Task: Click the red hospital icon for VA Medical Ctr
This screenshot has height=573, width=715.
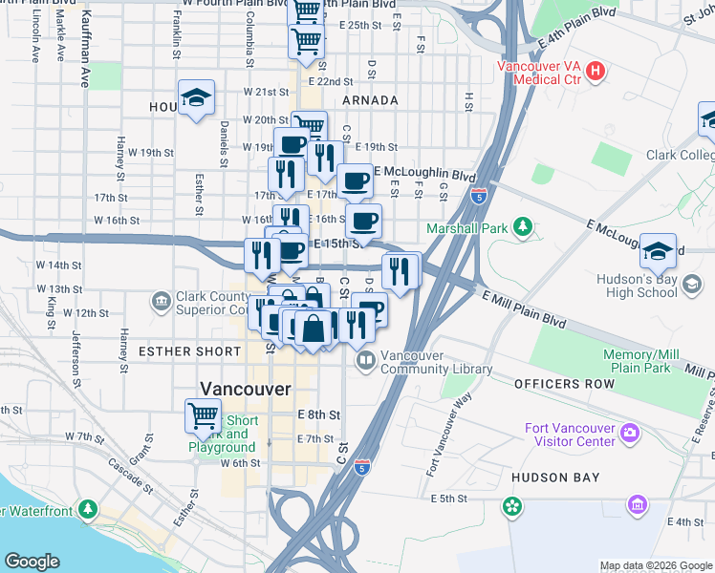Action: coord(596,70)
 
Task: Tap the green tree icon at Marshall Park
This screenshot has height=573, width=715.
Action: coord(522,226)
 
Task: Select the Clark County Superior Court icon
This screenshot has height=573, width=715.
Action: coord(161,302)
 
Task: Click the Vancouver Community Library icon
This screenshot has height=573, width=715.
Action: coord(365,361)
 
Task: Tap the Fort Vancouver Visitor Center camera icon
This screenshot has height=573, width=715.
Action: coord(629,434)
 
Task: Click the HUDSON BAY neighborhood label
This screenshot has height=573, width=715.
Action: coord(554,477)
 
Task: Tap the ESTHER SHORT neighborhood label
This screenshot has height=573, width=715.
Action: coord(190,351)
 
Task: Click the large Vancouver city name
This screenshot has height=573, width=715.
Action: coord(245,389)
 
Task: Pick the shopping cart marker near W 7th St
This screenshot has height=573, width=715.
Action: coord(203,414)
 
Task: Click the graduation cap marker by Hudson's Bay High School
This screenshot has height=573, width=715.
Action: coord(658,250)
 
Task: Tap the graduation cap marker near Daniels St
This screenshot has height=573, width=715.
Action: coord(196,96)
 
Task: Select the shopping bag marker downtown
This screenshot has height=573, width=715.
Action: coord(313,327)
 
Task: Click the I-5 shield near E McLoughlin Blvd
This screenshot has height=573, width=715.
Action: coord(478,195)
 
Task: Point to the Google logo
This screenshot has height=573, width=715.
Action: coord(32,562)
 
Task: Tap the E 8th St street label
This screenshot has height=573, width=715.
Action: coord(318,414)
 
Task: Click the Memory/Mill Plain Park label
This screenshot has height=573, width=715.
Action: coord(637,361)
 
